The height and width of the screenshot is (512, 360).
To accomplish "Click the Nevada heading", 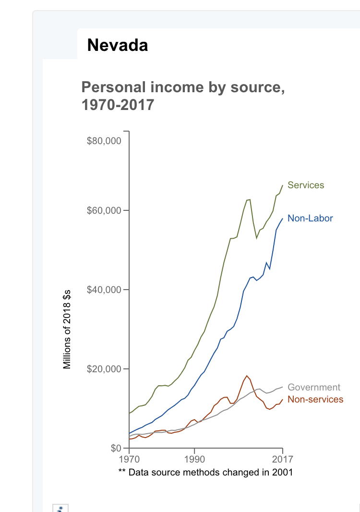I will [118, 45].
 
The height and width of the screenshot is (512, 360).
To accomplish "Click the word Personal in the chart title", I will [111, 87].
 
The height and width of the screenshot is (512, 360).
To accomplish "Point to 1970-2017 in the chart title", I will [118, 104].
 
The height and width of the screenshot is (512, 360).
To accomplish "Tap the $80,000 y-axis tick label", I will [104, 141].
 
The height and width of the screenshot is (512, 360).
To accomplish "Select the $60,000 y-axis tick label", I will [104, 211].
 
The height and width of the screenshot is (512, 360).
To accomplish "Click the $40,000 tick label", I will [104, 290].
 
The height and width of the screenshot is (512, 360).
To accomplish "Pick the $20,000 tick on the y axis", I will [104, 369].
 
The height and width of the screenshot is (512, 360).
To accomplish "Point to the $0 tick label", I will [116, 448].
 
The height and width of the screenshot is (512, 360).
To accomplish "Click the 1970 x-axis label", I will [129, 458].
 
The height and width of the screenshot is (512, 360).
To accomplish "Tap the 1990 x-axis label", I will [194, 458].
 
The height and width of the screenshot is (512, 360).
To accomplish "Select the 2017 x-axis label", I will [282, 458].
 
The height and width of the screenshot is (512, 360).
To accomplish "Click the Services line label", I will [306, 185].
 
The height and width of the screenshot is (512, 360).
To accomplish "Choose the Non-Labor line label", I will [310, 219].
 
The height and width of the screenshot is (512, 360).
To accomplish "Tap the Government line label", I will [314, 387].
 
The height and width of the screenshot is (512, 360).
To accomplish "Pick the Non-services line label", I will [315, 400].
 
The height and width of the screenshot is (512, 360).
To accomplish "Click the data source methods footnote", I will [205, 472].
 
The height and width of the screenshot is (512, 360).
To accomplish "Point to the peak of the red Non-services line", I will [247, 376].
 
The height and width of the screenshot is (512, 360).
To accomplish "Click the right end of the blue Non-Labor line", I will [282, 219].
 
